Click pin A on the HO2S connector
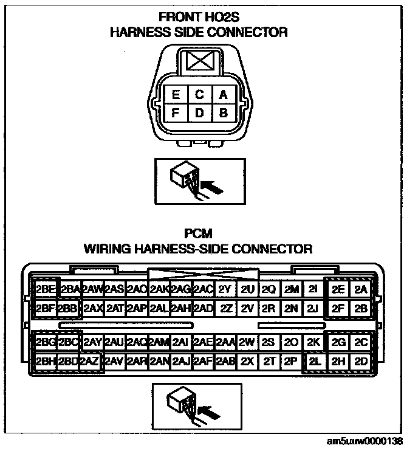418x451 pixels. pos(223,95)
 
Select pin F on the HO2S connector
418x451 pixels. pos(176,112)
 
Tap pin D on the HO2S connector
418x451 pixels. pos(199,112)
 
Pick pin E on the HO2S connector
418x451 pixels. pos(176,95)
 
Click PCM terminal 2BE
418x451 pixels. pos(46,289)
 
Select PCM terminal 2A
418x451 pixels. pos(361,289)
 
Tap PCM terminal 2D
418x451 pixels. pos(361,360)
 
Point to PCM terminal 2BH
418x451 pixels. pos(46,360)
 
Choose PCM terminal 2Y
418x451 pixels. pos(225,289)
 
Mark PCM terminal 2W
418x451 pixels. pos(247,342)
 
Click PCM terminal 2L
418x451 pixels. pos(314,360)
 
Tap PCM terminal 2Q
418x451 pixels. pos(269,289)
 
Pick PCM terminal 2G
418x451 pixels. pos(339,342)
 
